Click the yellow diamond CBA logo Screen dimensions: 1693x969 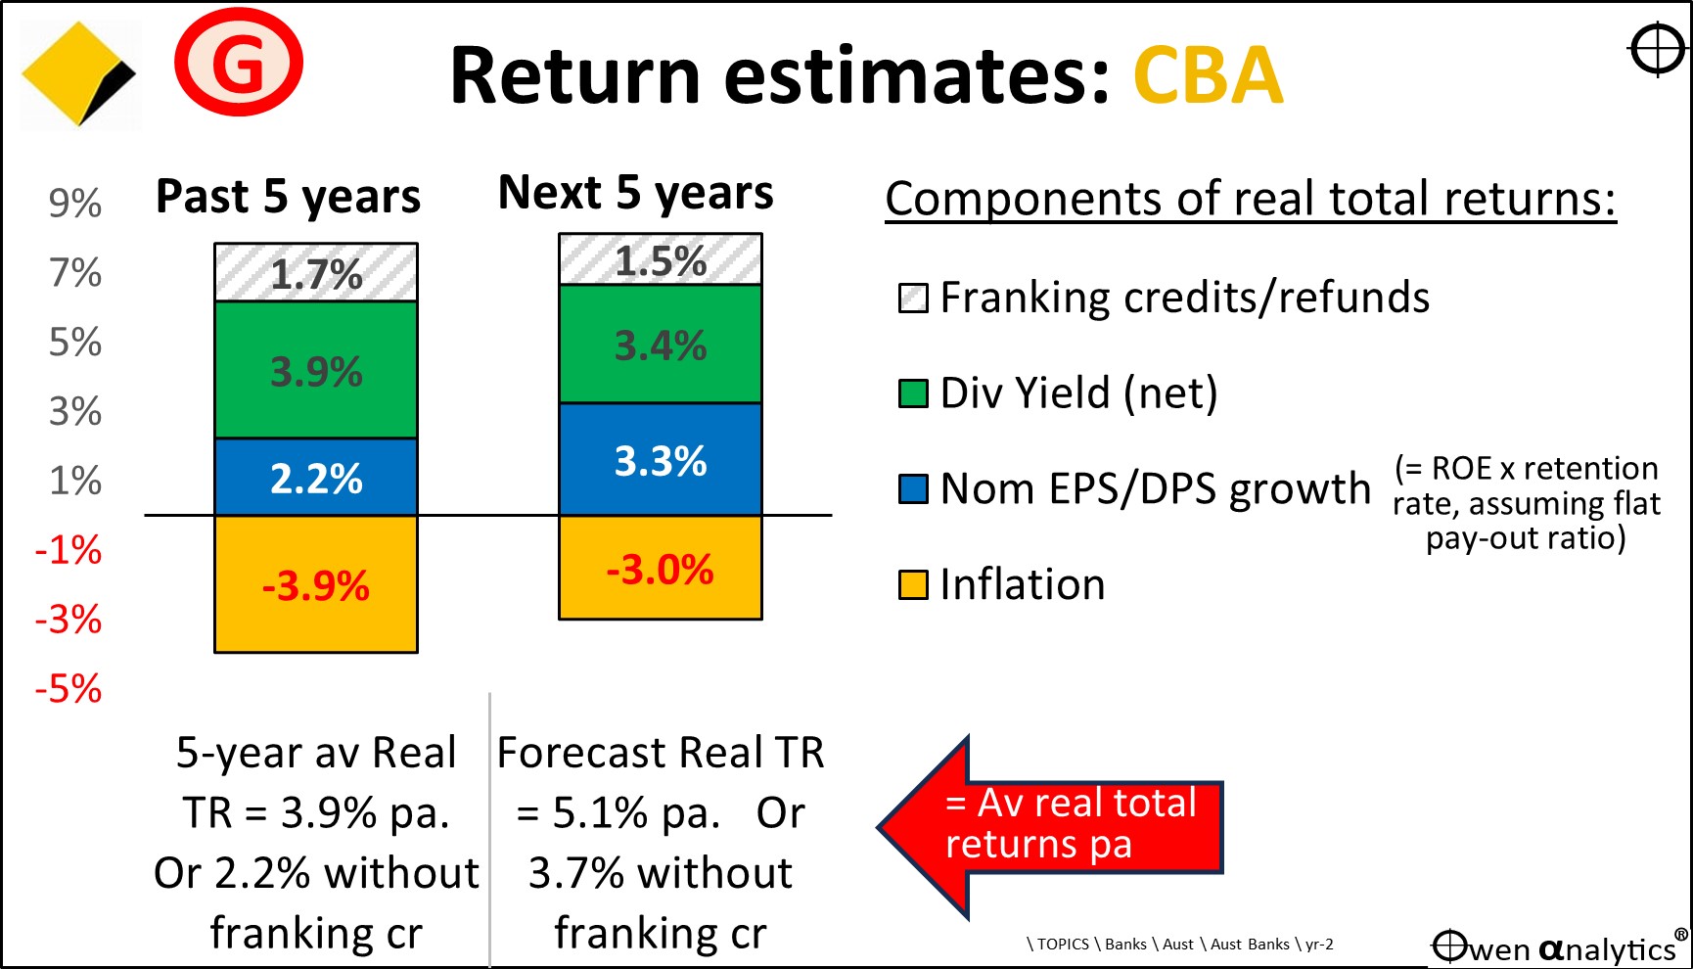79,75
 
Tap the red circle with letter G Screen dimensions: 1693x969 239,63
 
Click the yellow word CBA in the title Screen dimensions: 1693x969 1208,75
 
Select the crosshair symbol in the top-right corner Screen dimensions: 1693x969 1658,49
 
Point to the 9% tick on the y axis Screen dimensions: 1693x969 75,203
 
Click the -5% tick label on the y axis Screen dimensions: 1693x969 69,688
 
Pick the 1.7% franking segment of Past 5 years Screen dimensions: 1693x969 316,272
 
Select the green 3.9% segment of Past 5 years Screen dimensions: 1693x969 316,370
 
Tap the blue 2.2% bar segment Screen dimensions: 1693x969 316,477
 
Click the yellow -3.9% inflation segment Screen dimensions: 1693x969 316,584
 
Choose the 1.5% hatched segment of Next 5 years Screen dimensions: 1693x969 661,259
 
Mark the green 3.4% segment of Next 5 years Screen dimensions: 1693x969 661,344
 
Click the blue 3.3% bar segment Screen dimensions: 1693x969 661,459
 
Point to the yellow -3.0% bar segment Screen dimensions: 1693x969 661,568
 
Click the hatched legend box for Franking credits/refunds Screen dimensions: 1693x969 913,298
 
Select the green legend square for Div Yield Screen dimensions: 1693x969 913,393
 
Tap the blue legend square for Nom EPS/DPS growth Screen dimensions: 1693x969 913,488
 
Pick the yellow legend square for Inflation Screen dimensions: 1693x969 913,584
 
